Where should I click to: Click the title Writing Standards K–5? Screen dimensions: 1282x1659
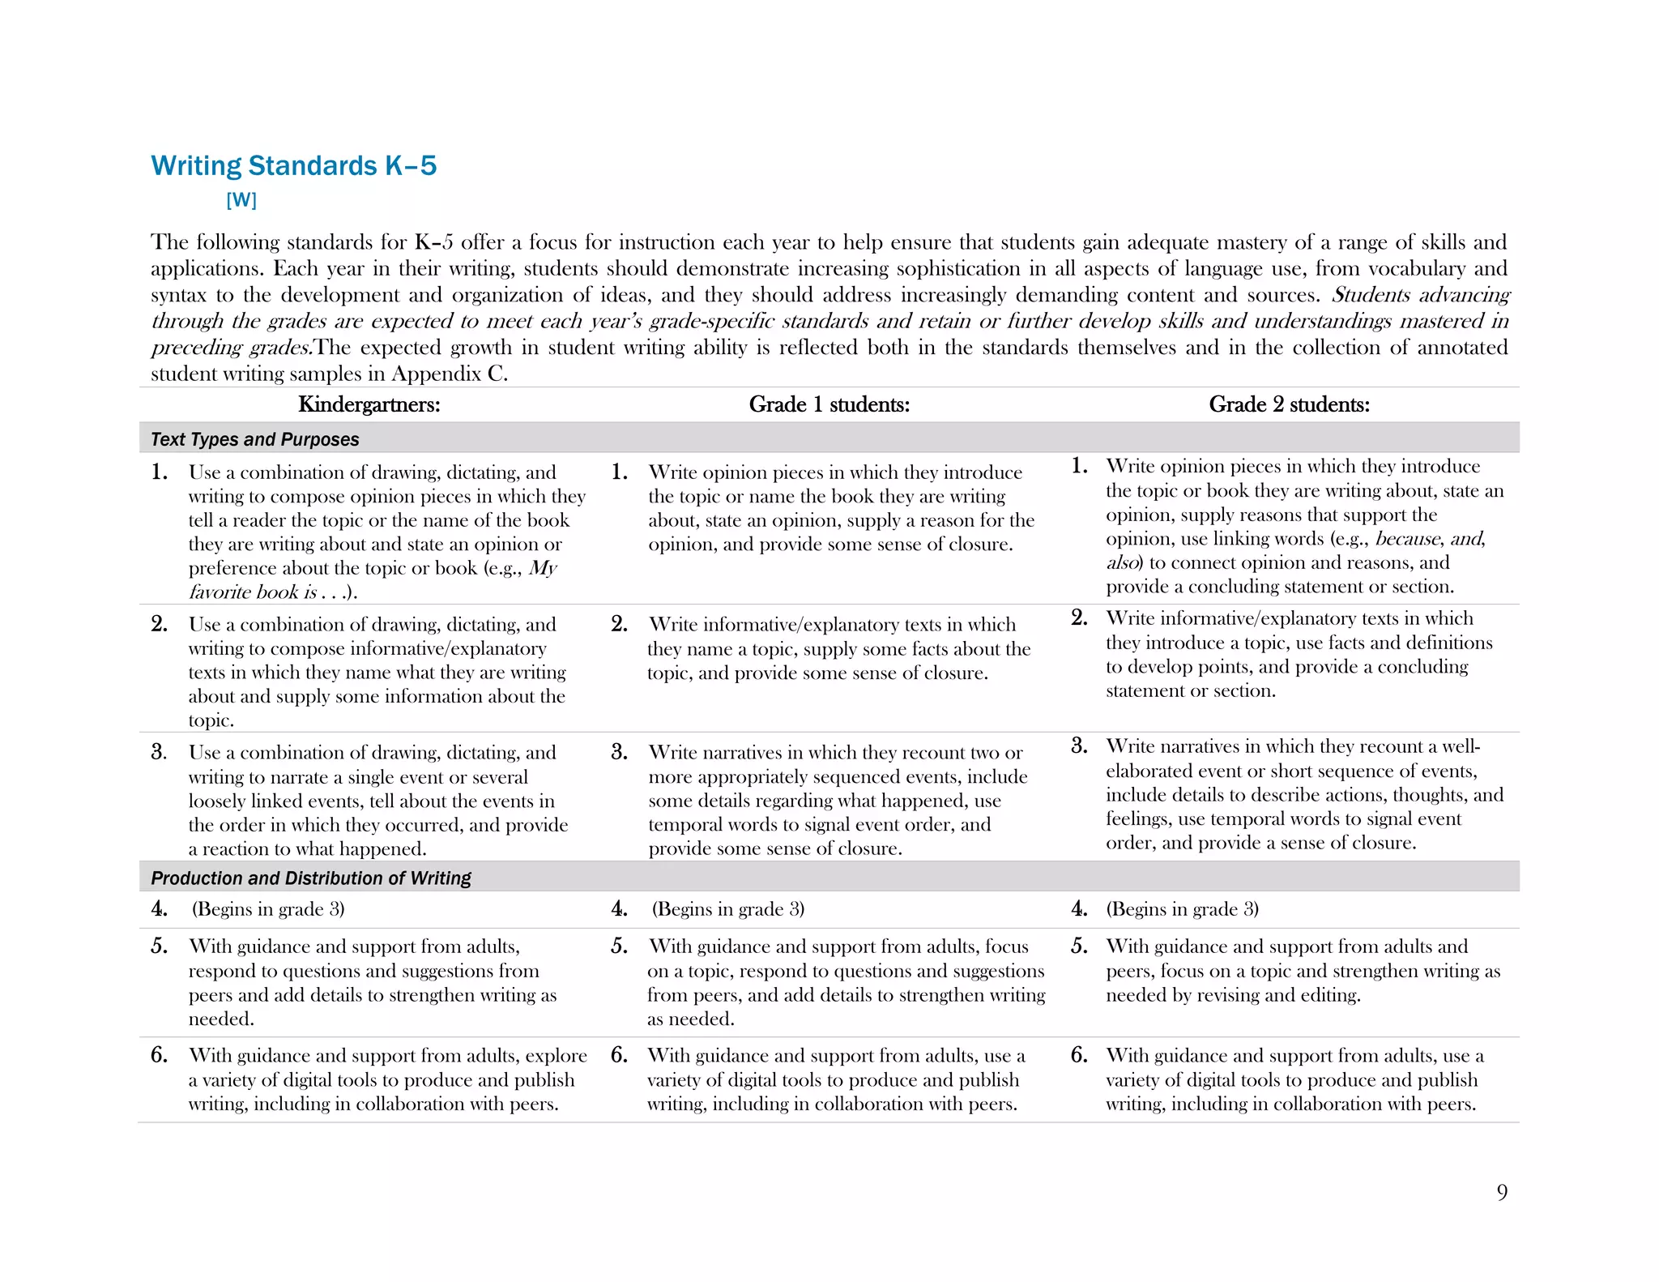pos(293,165)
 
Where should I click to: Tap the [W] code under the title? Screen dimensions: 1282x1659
pos(241,199)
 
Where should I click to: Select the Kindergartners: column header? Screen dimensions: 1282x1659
pos(369,404)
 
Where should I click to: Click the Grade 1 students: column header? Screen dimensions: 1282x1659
pos(829,404)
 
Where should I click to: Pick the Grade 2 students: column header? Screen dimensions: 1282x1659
pos(1289,404)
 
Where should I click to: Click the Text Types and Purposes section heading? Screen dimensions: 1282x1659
pos(254,439)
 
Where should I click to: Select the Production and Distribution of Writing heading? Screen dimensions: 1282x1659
pos(310,878)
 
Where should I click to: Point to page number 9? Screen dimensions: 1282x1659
pos(1502,1192)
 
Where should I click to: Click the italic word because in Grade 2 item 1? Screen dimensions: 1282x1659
pos(1408,538)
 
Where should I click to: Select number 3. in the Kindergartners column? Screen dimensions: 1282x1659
pos(159,752)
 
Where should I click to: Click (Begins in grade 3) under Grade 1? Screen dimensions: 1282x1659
pos(727,908)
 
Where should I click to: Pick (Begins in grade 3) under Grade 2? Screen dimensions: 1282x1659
pos(1182,908)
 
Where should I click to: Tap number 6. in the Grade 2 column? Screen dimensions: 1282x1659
pos(1079,1055)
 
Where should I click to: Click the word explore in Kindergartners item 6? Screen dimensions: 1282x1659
pos(556,1055)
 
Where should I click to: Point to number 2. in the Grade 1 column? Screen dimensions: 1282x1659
pos(619,624)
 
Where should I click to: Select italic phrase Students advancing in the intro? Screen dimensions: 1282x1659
pos(1420,294)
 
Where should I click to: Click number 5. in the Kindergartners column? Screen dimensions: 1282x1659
pos(159,947)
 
